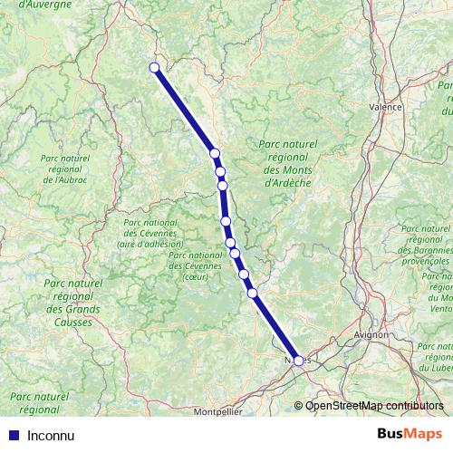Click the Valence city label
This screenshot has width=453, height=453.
coord(386,106)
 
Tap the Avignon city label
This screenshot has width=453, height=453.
coord(371,334)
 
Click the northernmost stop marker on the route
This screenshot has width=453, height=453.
coord(155,68)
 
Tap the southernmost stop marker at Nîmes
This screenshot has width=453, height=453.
coord(299,361)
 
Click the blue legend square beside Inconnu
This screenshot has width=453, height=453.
coord(9,435)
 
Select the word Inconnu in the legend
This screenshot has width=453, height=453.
coord(52,435)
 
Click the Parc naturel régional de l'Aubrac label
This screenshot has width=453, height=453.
coord(65,169)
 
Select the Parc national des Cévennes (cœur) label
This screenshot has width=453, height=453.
coord(195,265)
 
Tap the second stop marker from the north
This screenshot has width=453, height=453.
coord(215,154)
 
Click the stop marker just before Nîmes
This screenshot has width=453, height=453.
coord(253,293)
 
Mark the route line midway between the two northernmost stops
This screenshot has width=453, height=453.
coord(185,111)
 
